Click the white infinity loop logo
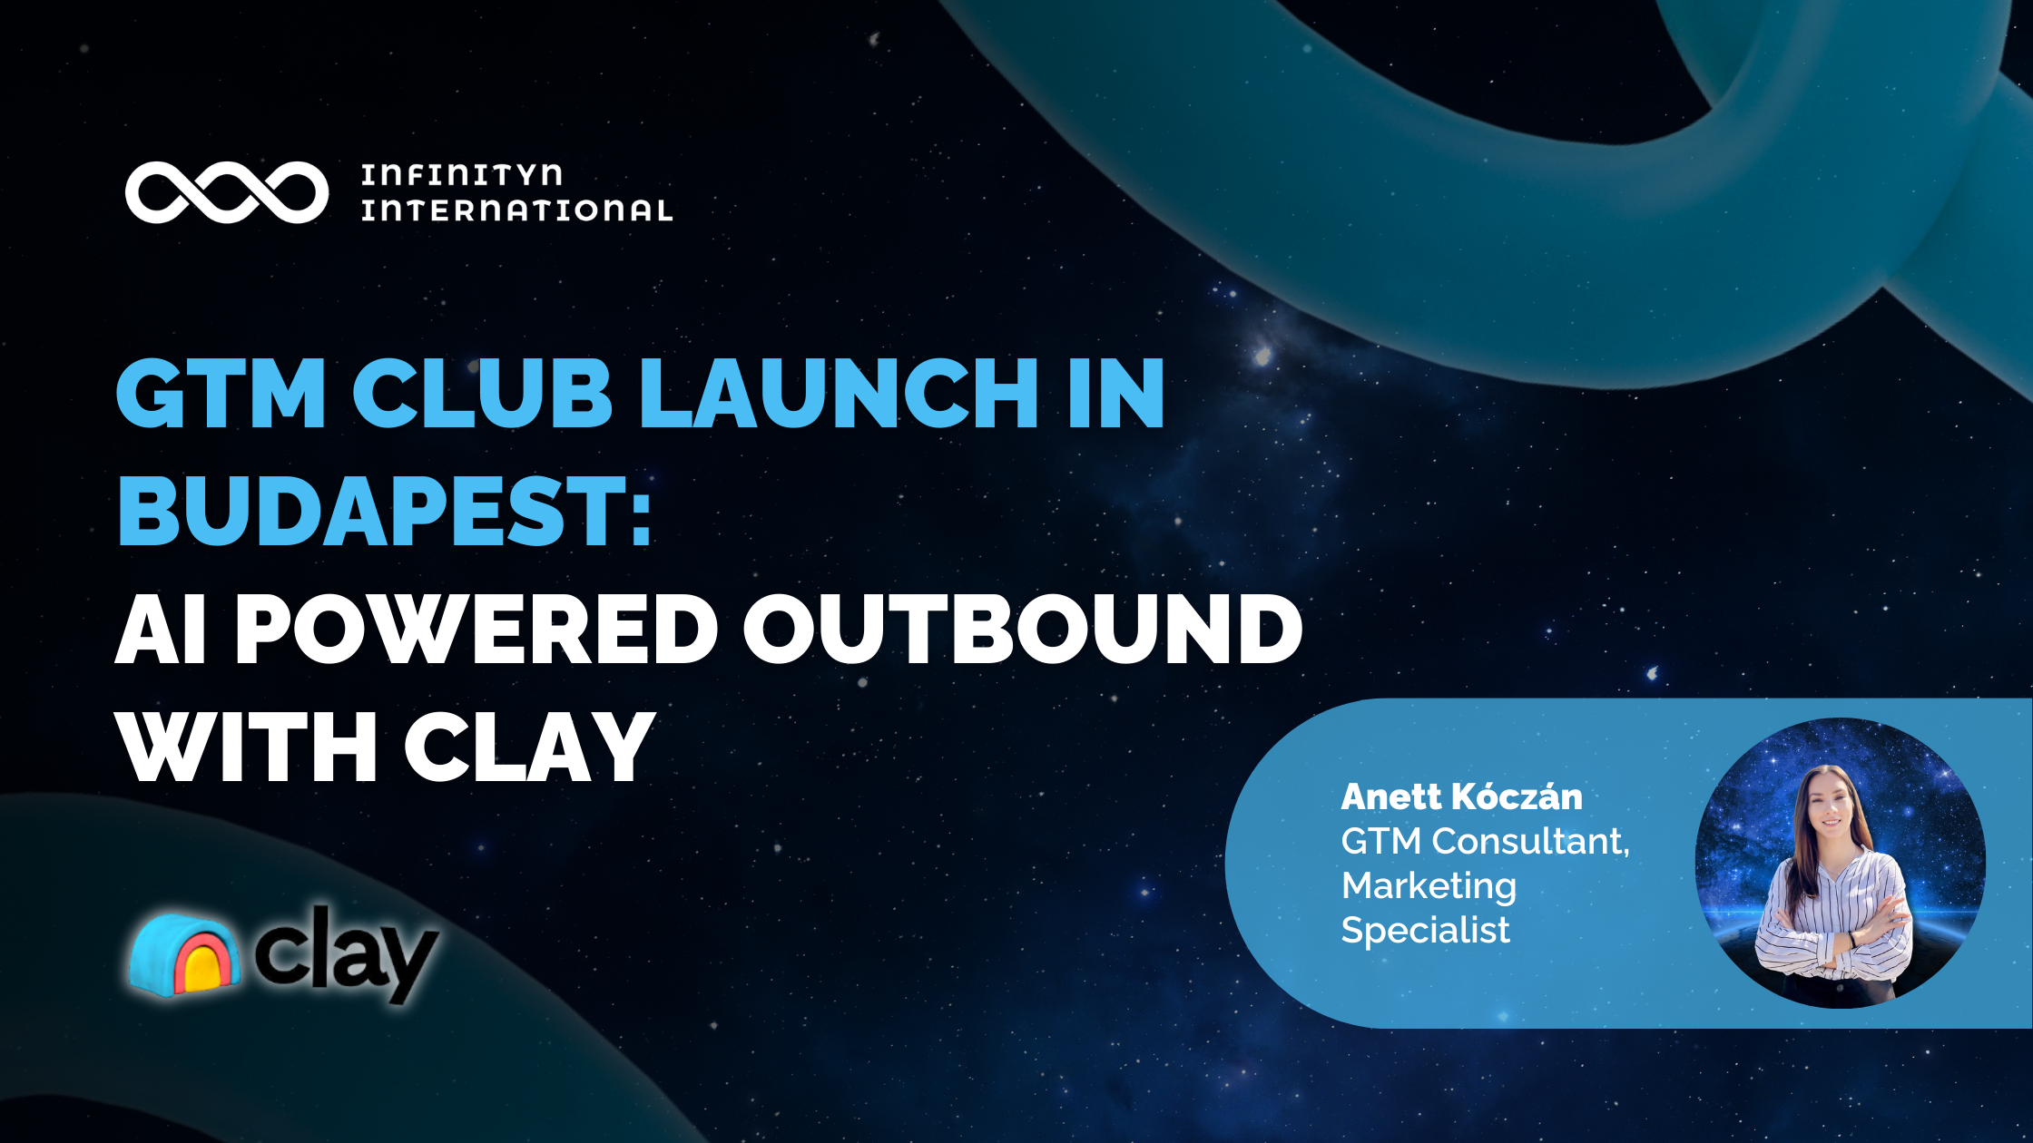point(227,192)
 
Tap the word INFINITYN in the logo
point(461,174)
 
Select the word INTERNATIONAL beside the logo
point(516,210)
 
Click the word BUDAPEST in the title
point(368,512)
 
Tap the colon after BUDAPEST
point(642,513)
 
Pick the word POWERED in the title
point(476,630)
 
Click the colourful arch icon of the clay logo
point(185,956)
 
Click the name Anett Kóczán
point(1461,797)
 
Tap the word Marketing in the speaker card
point(1429,886)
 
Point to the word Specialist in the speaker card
point(1425,930)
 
